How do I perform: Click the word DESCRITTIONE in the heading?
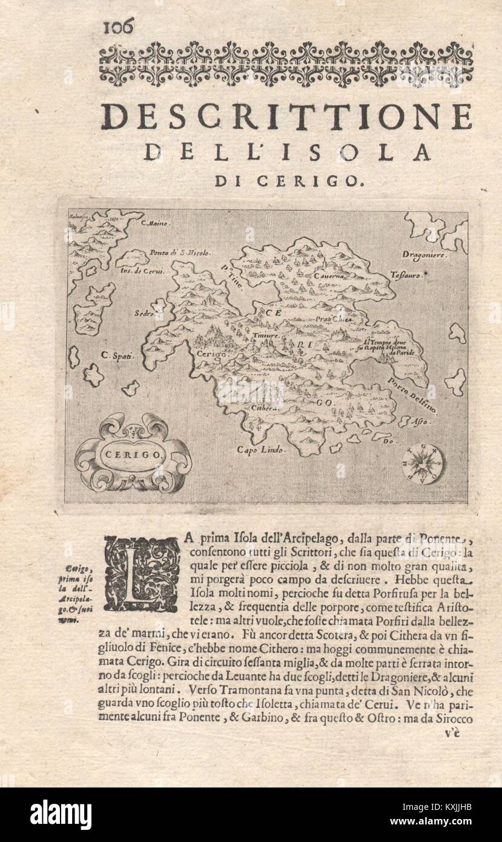coord(286,116)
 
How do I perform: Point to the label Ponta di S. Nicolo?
coord(180,253)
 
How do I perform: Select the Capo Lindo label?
coord(260,450)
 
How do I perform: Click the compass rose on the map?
coord(423,463)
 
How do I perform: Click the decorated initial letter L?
coord(142,573)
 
